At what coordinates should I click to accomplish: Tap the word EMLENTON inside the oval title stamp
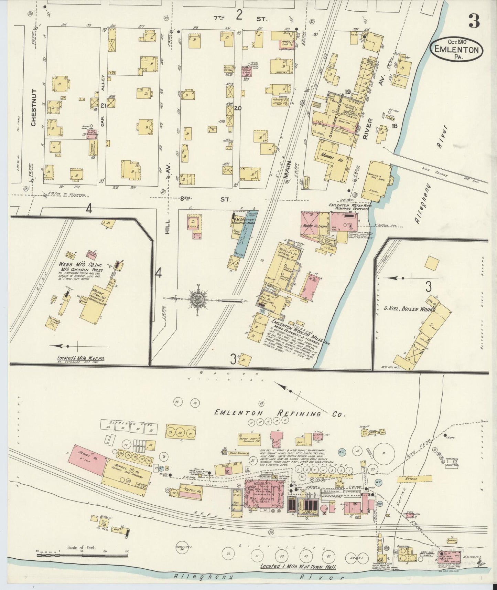(456, 50)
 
